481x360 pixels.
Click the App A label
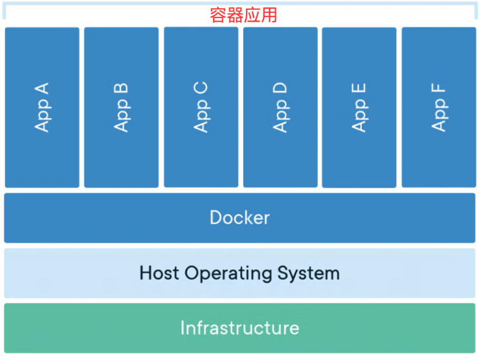[42, 108]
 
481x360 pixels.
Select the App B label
[122, 108]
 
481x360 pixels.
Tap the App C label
[201, 108]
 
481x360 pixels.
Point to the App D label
[281, 108]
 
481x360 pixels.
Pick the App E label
[359, 108]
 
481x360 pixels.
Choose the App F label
[439, 108]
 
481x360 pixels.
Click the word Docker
[240, 218]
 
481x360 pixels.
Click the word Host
[159, 273]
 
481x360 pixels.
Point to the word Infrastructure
[240, 327]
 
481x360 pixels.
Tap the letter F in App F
[439, 91]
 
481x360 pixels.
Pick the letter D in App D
[281, 89]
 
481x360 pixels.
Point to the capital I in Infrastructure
[183, 327]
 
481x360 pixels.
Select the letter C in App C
[201, 89]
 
